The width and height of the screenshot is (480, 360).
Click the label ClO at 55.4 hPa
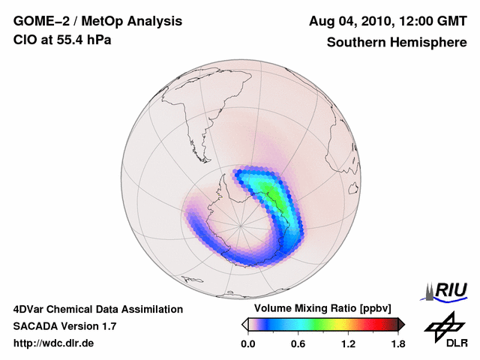tap(62, 40)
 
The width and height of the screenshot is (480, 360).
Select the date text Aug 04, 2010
tap(349, 21)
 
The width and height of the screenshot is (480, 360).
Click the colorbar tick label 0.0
tap(248, 344)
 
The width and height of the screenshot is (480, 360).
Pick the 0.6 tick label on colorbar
tap(298, 344)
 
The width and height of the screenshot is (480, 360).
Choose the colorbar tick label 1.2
tap(348, 344)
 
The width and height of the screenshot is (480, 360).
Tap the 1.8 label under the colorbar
tap(397, 344)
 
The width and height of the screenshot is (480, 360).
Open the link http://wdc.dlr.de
tap(54, 343)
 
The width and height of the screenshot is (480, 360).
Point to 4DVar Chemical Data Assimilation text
tap(98, 309)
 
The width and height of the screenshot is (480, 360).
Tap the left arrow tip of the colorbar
tap(244, 325)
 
